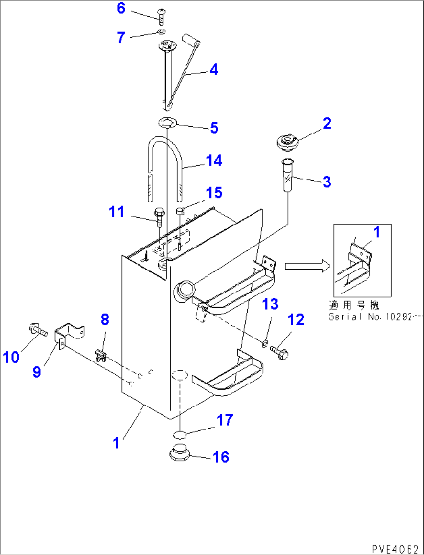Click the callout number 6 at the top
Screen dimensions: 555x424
121,8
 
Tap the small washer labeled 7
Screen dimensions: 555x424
162,31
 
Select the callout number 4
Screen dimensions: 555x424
214,70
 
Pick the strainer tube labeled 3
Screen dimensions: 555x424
287,176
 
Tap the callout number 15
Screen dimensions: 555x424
214,193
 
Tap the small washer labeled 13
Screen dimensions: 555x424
265,343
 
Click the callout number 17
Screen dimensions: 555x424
224,420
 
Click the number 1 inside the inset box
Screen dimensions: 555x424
376,232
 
